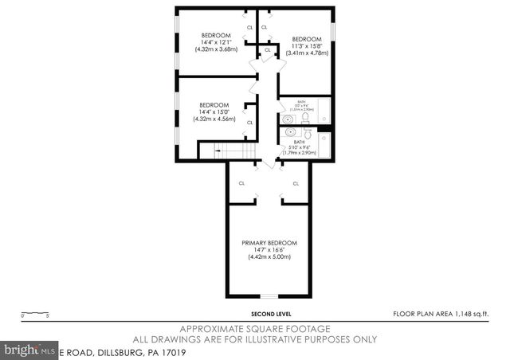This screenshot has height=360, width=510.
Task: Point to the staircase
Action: [236, 151]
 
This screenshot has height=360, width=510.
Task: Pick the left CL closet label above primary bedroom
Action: [241, 183]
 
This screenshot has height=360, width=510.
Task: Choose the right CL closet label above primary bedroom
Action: [296, 183]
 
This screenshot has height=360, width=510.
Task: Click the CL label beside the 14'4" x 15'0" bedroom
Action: [249, 122]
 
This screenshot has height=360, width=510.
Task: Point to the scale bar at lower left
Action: [35, 314]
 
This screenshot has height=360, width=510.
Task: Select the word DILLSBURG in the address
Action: [128, 350]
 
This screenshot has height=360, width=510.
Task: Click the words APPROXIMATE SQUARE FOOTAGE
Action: [255, 328]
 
